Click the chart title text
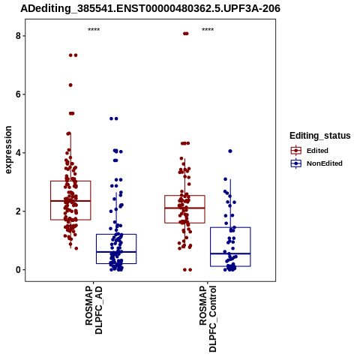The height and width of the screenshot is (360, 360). point(150,8)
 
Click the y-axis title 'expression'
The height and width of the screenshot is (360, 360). point(8,150)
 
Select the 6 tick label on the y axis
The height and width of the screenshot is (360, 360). point(18,94)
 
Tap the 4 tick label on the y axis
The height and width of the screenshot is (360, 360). point(18,153)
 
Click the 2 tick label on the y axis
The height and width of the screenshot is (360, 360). point(18,211)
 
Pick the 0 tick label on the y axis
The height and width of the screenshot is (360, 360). point(18,270)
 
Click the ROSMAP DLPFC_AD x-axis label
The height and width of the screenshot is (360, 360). point(94,310)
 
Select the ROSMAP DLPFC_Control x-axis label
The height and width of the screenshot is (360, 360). point(208,319)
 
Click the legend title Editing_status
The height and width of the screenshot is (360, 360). point(319,136)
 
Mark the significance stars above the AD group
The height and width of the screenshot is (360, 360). point(94,30)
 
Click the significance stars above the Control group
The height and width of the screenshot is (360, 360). point(208,30)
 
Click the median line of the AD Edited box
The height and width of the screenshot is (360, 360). point(70,201)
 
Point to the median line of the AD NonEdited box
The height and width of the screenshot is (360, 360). point(116,252)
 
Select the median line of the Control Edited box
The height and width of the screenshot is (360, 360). point(184,208)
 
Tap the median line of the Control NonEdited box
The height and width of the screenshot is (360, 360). point(230,253)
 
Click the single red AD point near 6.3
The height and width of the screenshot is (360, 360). point(70,85)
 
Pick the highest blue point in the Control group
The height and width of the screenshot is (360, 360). point(230,151)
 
